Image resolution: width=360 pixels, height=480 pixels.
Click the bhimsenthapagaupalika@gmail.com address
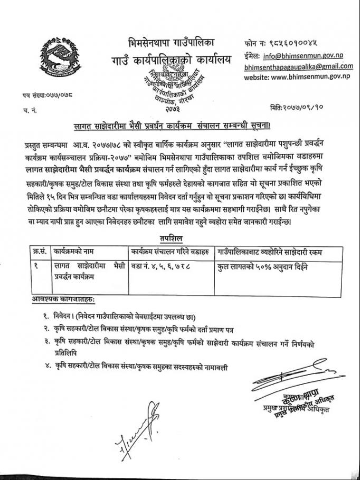(x=298, y=66)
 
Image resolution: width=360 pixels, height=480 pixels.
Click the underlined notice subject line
(x=180, y=125)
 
